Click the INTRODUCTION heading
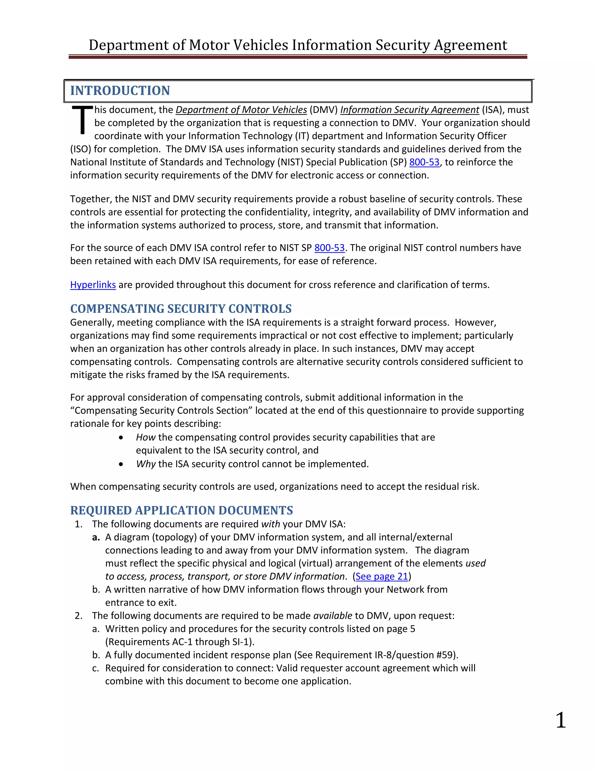point(120,91)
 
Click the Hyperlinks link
point(93,285)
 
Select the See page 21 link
point(382,576)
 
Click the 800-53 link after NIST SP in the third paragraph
point(329,248)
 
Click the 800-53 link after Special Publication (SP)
point(424,162)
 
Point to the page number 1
point(560,720)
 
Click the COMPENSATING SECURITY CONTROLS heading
point(181,309)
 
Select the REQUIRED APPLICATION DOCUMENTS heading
point(182,510)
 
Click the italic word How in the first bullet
point(146,437)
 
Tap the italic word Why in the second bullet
point(146,464)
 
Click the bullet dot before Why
point(121,464)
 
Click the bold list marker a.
point(96,537)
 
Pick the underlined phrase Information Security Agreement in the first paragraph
point(409,110)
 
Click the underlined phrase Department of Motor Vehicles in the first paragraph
point(241,110)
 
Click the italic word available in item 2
point(333,616)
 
